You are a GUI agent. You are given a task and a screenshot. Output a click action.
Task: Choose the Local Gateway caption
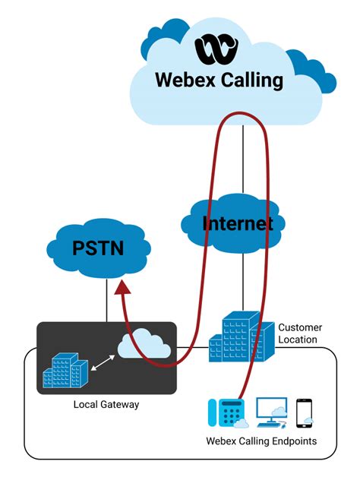[x=106, y=404]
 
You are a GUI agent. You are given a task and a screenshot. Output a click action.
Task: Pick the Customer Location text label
[x=298, y=333]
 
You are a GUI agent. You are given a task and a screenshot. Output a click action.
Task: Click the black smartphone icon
[x=305, y=411]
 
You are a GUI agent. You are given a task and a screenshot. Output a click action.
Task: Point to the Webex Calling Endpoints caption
[x=261, y=441]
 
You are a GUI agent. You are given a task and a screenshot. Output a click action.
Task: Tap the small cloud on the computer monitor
[x=279, y=411]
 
